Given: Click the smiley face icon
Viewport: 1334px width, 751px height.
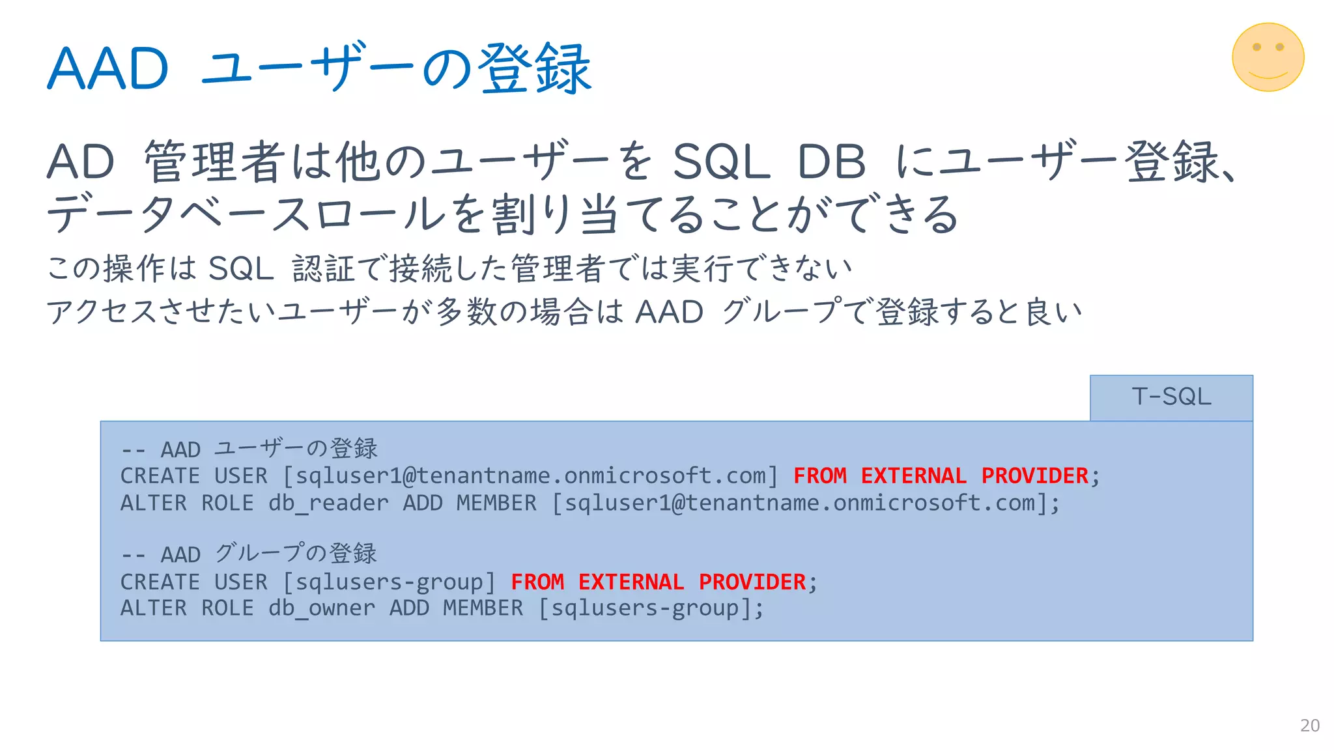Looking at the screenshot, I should point(1268,57).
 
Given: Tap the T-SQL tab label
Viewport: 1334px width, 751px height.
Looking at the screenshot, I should point(1171,397).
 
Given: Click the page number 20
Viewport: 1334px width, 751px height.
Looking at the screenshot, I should point(1309,726).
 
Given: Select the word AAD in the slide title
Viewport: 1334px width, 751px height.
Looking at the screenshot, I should point(108,69).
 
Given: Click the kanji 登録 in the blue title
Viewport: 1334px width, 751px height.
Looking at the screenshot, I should point(534,69).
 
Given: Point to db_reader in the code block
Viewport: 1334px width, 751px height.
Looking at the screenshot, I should point(328,503).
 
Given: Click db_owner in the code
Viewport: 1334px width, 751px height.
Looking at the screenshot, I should point(322,608).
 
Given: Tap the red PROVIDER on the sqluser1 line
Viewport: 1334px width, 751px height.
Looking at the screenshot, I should point(1034,476).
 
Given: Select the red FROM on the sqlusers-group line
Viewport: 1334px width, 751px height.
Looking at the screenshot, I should point(537,582).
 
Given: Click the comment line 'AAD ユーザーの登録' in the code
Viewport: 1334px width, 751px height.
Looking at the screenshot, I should point(249,449).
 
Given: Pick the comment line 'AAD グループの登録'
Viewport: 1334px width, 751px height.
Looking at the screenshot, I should point(249,554).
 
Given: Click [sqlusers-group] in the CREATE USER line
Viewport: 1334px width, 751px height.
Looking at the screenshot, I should point(389,582).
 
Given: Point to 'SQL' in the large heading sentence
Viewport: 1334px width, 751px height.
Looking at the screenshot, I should point(720,162).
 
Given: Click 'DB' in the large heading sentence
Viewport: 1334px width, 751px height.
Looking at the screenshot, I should point(832,162).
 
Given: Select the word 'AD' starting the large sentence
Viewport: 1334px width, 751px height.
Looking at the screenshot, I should point(81,162).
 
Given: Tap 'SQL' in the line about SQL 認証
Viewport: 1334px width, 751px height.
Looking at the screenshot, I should point(241,269).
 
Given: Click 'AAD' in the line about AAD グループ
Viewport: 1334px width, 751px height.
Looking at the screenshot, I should point(669,312).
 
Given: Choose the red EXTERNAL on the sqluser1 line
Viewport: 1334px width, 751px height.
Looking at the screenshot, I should point(913,476).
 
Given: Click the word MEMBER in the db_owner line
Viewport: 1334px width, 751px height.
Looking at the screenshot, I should point(483,608).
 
